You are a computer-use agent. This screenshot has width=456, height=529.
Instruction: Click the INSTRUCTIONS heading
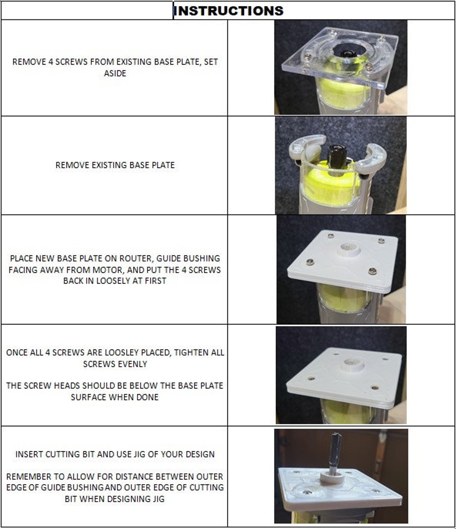(x=229, y=10)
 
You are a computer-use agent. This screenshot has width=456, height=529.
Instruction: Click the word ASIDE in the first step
(x=115, y=74)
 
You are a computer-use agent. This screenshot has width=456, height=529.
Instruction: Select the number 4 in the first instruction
(x=50, y=62)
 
